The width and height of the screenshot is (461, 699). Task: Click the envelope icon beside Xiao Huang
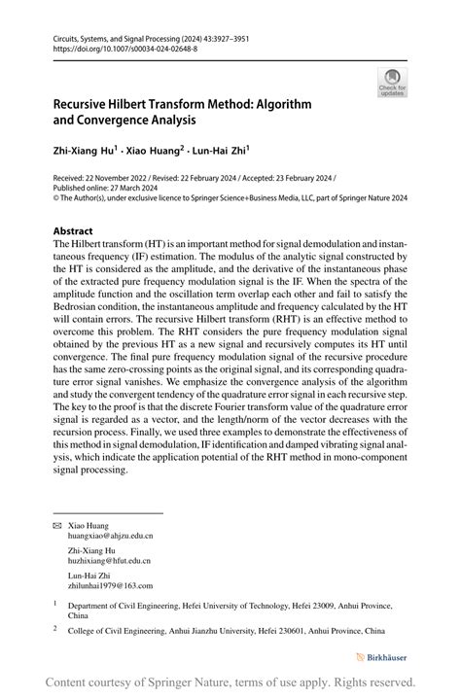(56, 526)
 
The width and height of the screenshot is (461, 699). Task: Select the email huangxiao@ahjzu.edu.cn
(110, 536)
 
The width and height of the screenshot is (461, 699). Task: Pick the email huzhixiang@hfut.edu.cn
(109, 561)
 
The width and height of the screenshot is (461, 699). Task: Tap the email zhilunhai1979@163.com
(110, 586)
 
